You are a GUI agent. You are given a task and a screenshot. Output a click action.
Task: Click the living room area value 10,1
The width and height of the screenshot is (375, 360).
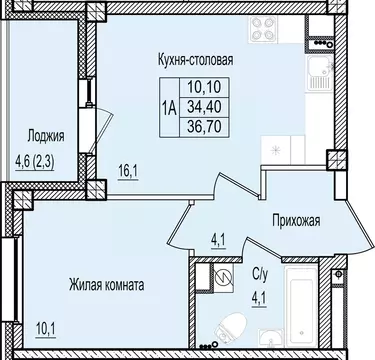click(x=40, y=324)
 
